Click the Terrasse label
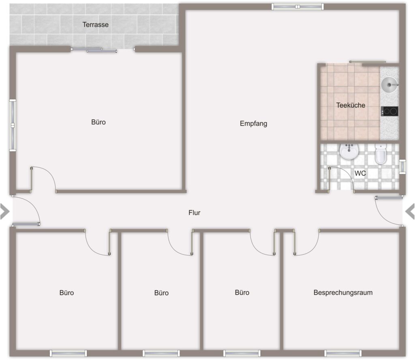(x=95, y=25)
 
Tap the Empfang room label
(x=253, y=124)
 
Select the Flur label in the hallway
(x=194, y=213)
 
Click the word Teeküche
(x=351, y=105)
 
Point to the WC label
(x=360, y=173)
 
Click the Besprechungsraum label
(x=343, y=292)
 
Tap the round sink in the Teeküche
(x=389, y=85)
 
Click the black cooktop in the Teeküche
(x=389, y=111)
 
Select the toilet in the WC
(x=381, y=154)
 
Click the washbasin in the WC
(x=349, y=151)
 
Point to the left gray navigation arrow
(x=5, y=212)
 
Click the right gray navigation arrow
(x=410, y=212)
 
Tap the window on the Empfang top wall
(x=297, y=6)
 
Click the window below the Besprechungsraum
(x=343, y=353)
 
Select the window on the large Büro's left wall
(x=13, y=125)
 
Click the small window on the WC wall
(x=402, y=167)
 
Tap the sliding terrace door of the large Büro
(x=94, y=50)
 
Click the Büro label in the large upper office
(x=98, y=122)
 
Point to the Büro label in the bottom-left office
(x=66, y=293)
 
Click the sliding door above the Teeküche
(x=367, y=62)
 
